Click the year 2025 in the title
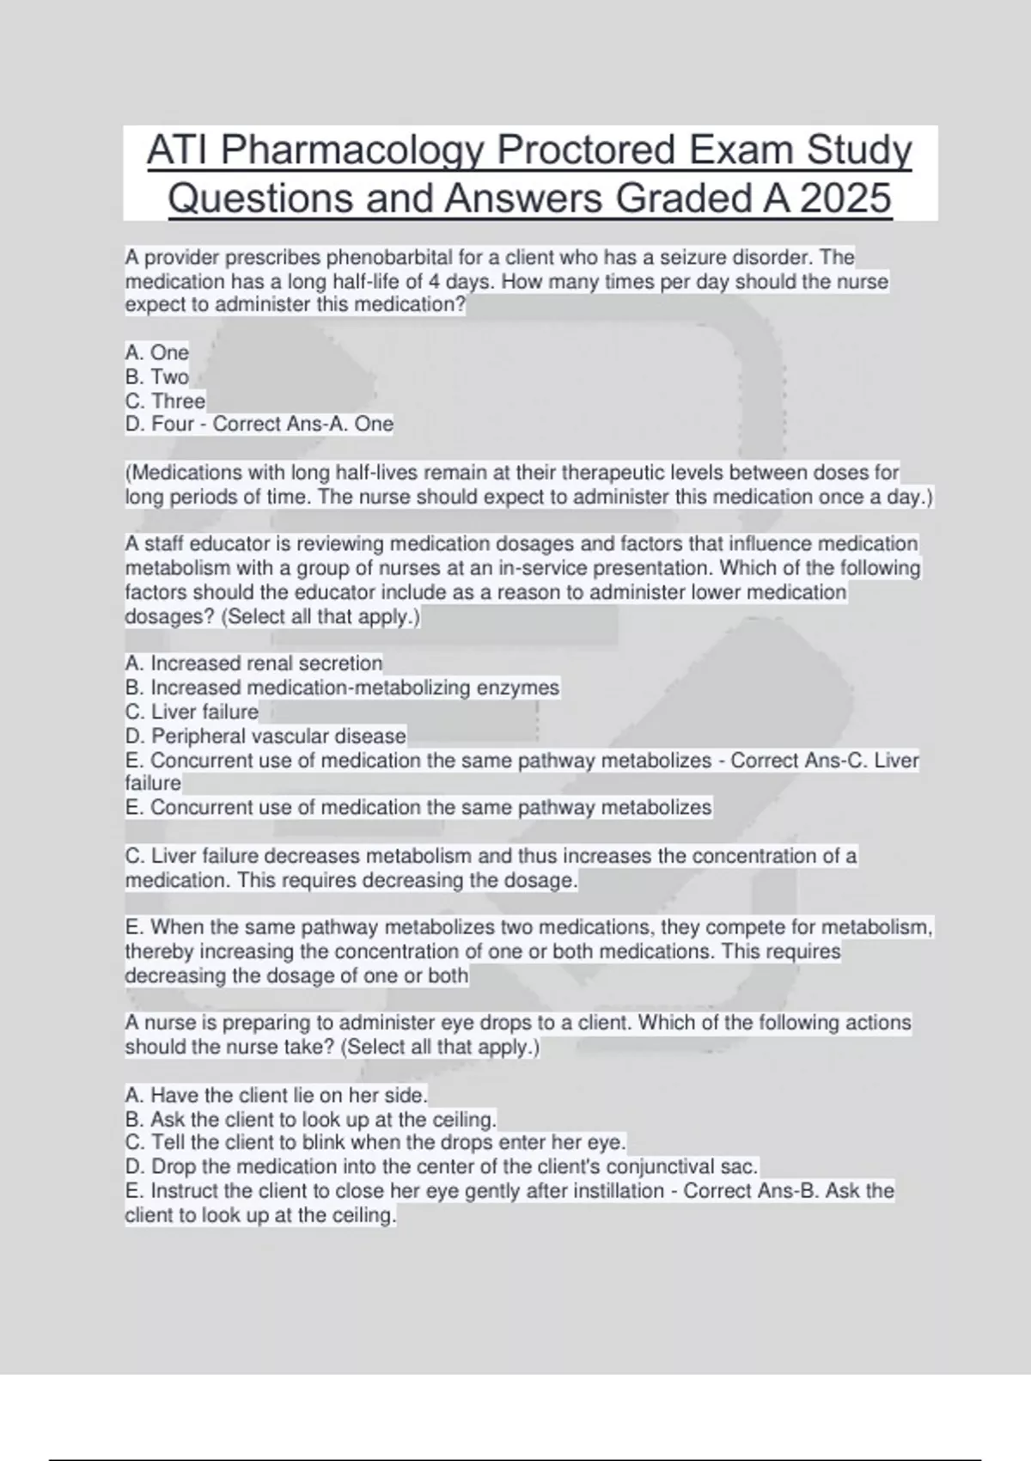coord(845,199)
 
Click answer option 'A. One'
coord(156,352)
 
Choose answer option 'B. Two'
coord(156,376)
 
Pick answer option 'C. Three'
coord(165,400)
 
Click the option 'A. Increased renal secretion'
coord(253,663)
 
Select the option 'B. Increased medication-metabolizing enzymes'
coord(342,688)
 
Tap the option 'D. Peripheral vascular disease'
coord(265,736)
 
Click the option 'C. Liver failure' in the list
coord(192,712)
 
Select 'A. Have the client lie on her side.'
coord(276,1095)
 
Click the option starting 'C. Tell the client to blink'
coord(375,1142)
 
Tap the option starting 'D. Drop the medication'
coord(442,1166)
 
